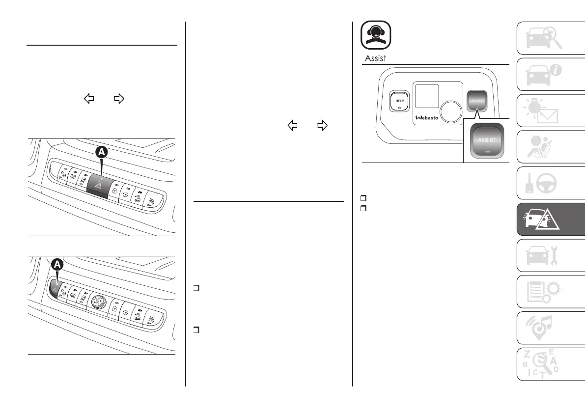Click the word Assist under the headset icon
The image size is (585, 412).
(376, 58)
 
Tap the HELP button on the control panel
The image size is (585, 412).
(398, 101)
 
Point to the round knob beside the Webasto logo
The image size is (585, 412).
(451, 111)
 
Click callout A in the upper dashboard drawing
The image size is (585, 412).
(101, 153)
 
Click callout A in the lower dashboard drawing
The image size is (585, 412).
(58, 265)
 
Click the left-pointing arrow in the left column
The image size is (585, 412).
(89, 99)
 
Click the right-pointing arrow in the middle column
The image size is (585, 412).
(322, 126)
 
